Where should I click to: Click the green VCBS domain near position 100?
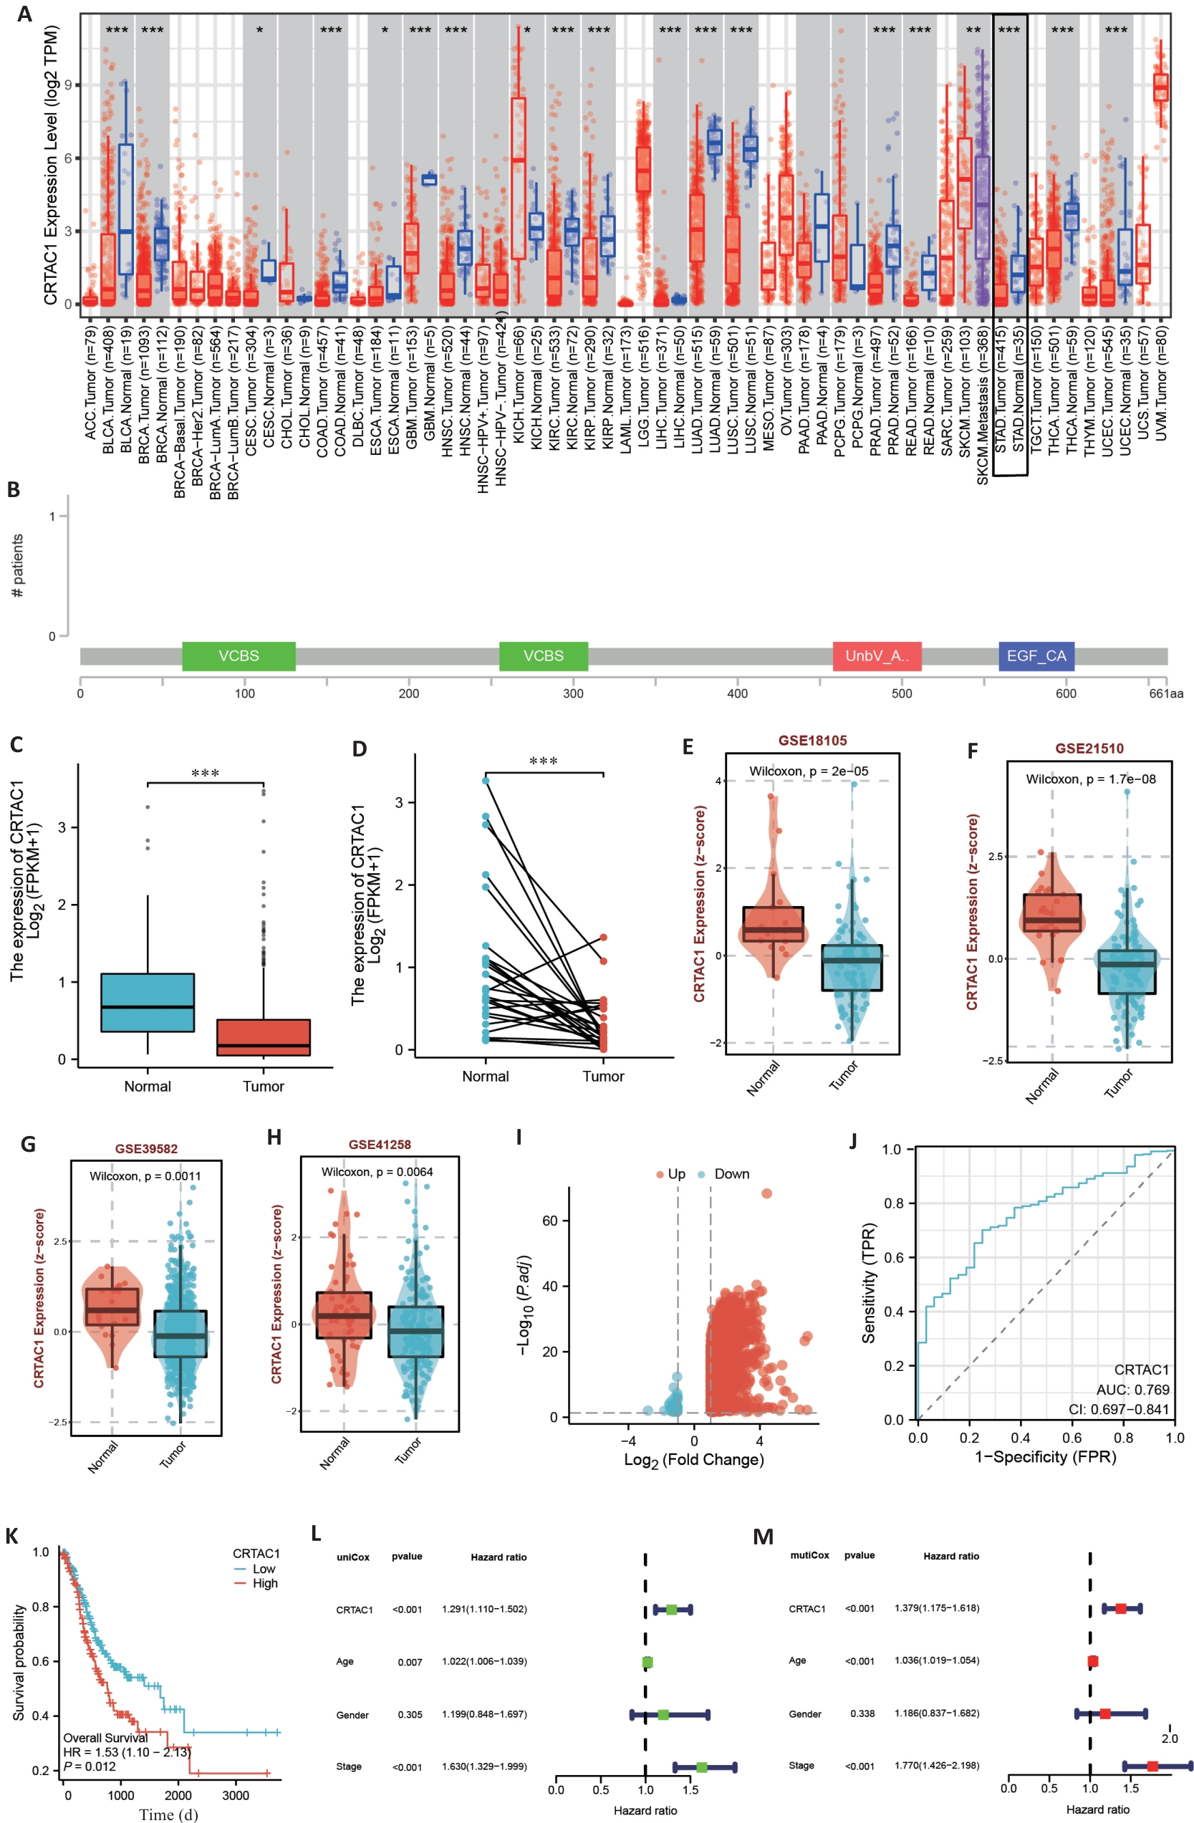click(x=239, y=655)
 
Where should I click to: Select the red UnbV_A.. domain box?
click(x=876, y=655)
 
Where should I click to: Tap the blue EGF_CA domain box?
click(x=1036, y=655)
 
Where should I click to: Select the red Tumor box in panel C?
click(x=264, y=1037)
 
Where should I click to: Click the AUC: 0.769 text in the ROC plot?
click(x=1132, y=1390)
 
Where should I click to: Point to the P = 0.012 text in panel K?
click(x=90, y=1766)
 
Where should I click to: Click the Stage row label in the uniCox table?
click(x=349, y=1766)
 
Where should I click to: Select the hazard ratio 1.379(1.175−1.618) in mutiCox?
click(x=936, y=1608)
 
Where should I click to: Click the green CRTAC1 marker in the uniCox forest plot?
click(x=671, y=1610)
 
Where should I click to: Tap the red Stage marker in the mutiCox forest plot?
click(x=1152, y=1766)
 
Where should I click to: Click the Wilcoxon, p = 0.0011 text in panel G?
click(x=145, y=1175)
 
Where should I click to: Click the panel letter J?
click(x=854, y=1140)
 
